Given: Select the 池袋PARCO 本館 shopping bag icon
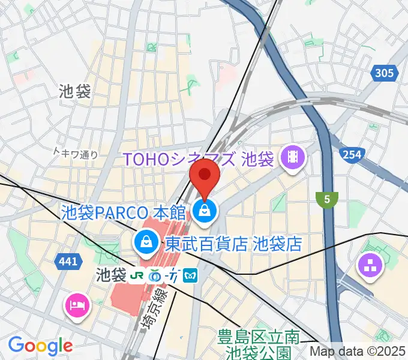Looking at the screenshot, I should coord(205,211).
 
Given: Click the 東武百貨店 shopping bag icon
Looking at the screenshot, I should coord(145,243).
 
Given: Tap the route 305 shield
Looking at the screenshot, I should coord(384,74).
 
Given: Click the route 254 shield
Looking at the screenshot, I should coord(352,155).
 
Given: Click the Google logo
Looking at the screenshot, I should coord(40,345).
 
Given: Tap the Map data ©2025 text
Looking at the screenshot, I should coord(358,351).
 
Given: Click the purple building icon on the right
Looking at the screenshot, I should coord(370,266).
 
